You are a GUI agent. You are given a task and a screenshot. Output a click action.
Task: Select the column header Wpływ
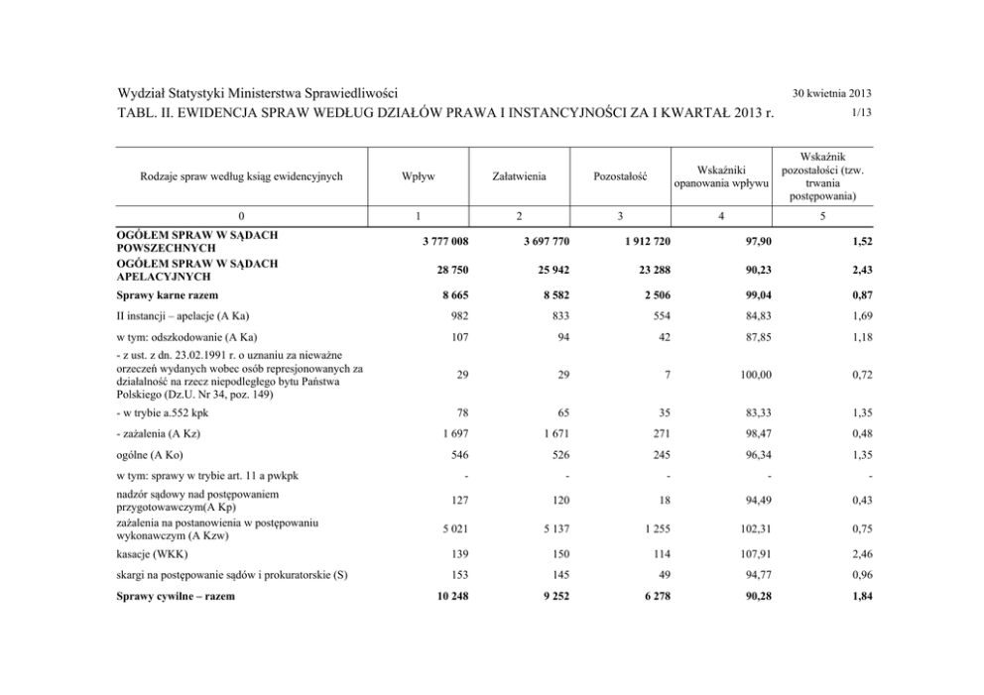pyautogui.click(x=416, y=176)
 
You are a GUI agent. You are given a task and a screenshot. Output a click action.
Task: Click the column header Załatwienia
pyautogui.click(x=518, y=176)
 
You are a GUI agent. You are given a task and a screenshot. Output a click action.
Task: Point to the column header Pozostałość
pyautogui.click(x=620, y=176)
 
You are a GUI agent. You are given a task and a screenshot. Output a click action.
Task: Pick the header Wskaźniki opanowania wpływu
pyautogui.click(x=721, y=176)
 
